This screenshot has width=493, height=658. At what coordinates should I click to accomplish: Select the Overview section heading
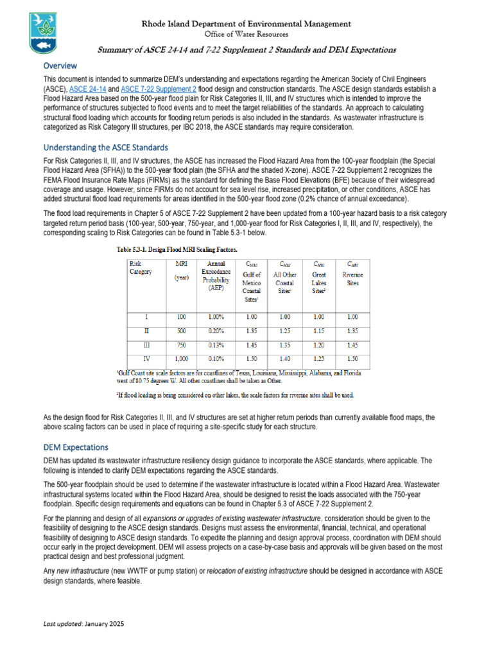60,66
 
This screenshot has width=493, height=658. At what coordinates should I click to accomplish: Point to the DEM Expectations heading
75,447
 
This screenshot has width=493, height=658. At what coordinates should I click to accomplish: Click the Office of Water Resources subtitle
246,34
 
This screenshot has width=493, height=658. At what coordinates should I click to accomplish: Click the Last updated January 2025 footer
83,624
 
